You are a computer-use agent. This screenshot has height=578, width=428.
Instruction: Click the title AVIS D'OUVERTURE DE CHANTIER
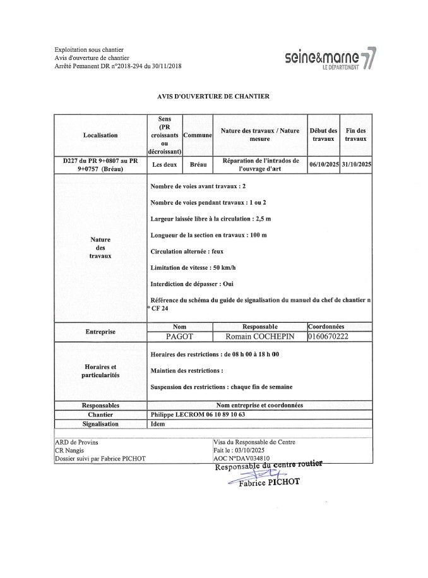click(213, 97)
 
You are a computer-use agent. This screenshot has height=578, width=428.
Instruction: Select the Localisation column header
click(100, 135)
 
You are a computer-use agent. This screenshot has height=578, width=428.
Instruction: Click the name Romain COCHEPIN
click(260, 337)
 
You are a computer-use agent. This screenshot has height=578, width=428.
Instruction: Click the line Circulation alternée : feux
click(187, 251)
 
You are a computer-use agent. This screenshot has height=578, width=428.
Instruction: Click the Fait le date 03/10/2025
click(237, 450)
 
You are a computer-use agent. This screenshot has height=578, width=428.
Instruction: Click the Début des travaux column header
click(323, 135)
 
